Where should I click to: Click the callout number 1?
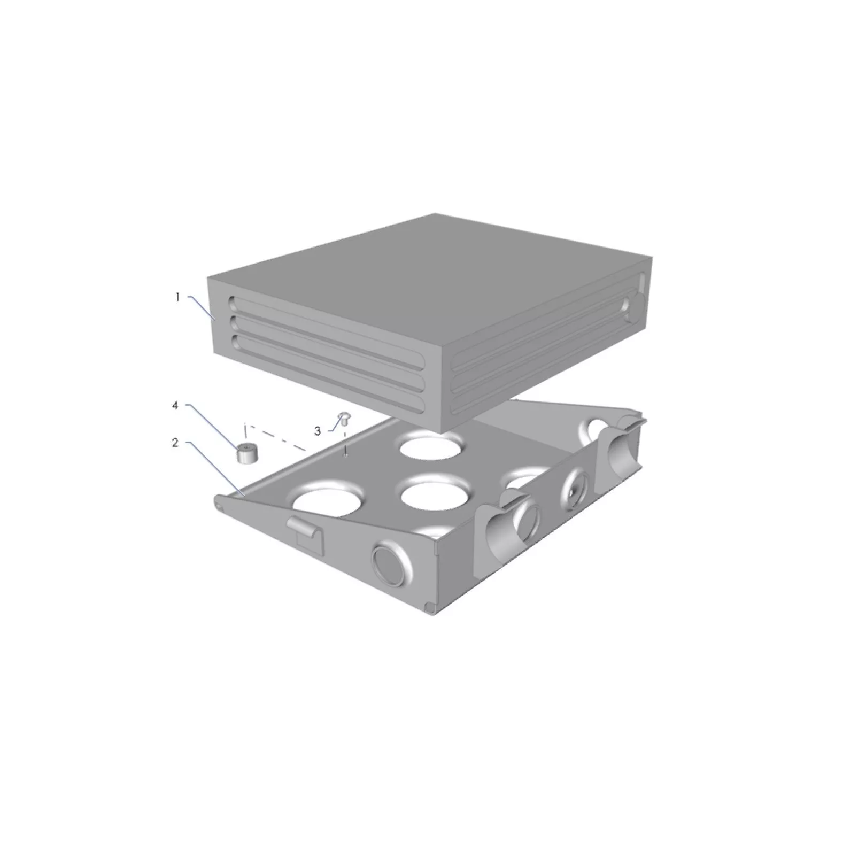(x=178, y=297)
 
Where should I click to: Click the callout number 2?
(x=175, y=443)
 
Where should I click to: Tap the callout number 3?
(x=317, y=431)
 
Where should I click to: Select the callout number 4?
(x=175, y=406)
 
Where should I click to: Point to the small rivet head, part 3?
(x=344, y=417)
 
